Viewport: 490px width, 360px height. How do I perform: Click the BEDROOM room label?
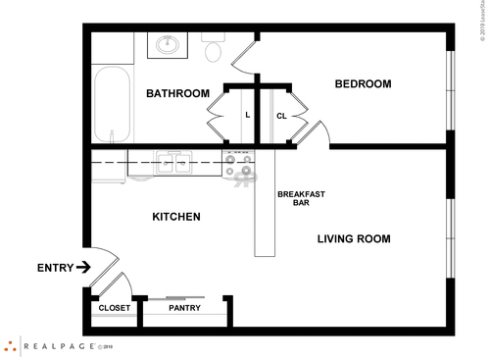[363, 84]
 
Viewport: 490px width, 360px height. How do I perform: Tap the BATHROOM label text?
[177, 94]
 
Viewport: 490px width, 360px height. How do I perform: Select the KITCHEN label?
[176, 217]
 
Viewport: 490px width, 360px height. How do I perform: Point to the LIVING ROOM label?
[354, 238]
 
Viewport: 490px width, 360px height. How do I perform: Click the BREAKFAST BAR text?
[301, 198]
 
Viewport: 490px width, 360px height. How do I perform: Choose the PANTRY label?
[184, 308]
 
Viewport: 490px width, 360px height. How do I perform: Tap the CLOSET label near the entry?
[115, 308]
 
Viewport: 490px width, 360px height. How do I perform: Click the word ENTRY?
[53, 267]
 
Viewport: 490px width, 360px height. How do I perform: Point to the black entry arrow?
[83, 266]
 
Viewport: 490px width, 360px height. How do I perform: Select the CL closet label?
[280, 115]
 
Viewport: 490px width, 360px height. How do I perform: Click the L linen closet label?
[247, 115]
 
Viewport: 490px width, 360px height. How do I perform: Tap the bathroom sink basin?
[168, 43]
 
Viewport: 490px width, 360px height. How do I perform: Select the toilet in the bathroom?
[215, 46]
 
